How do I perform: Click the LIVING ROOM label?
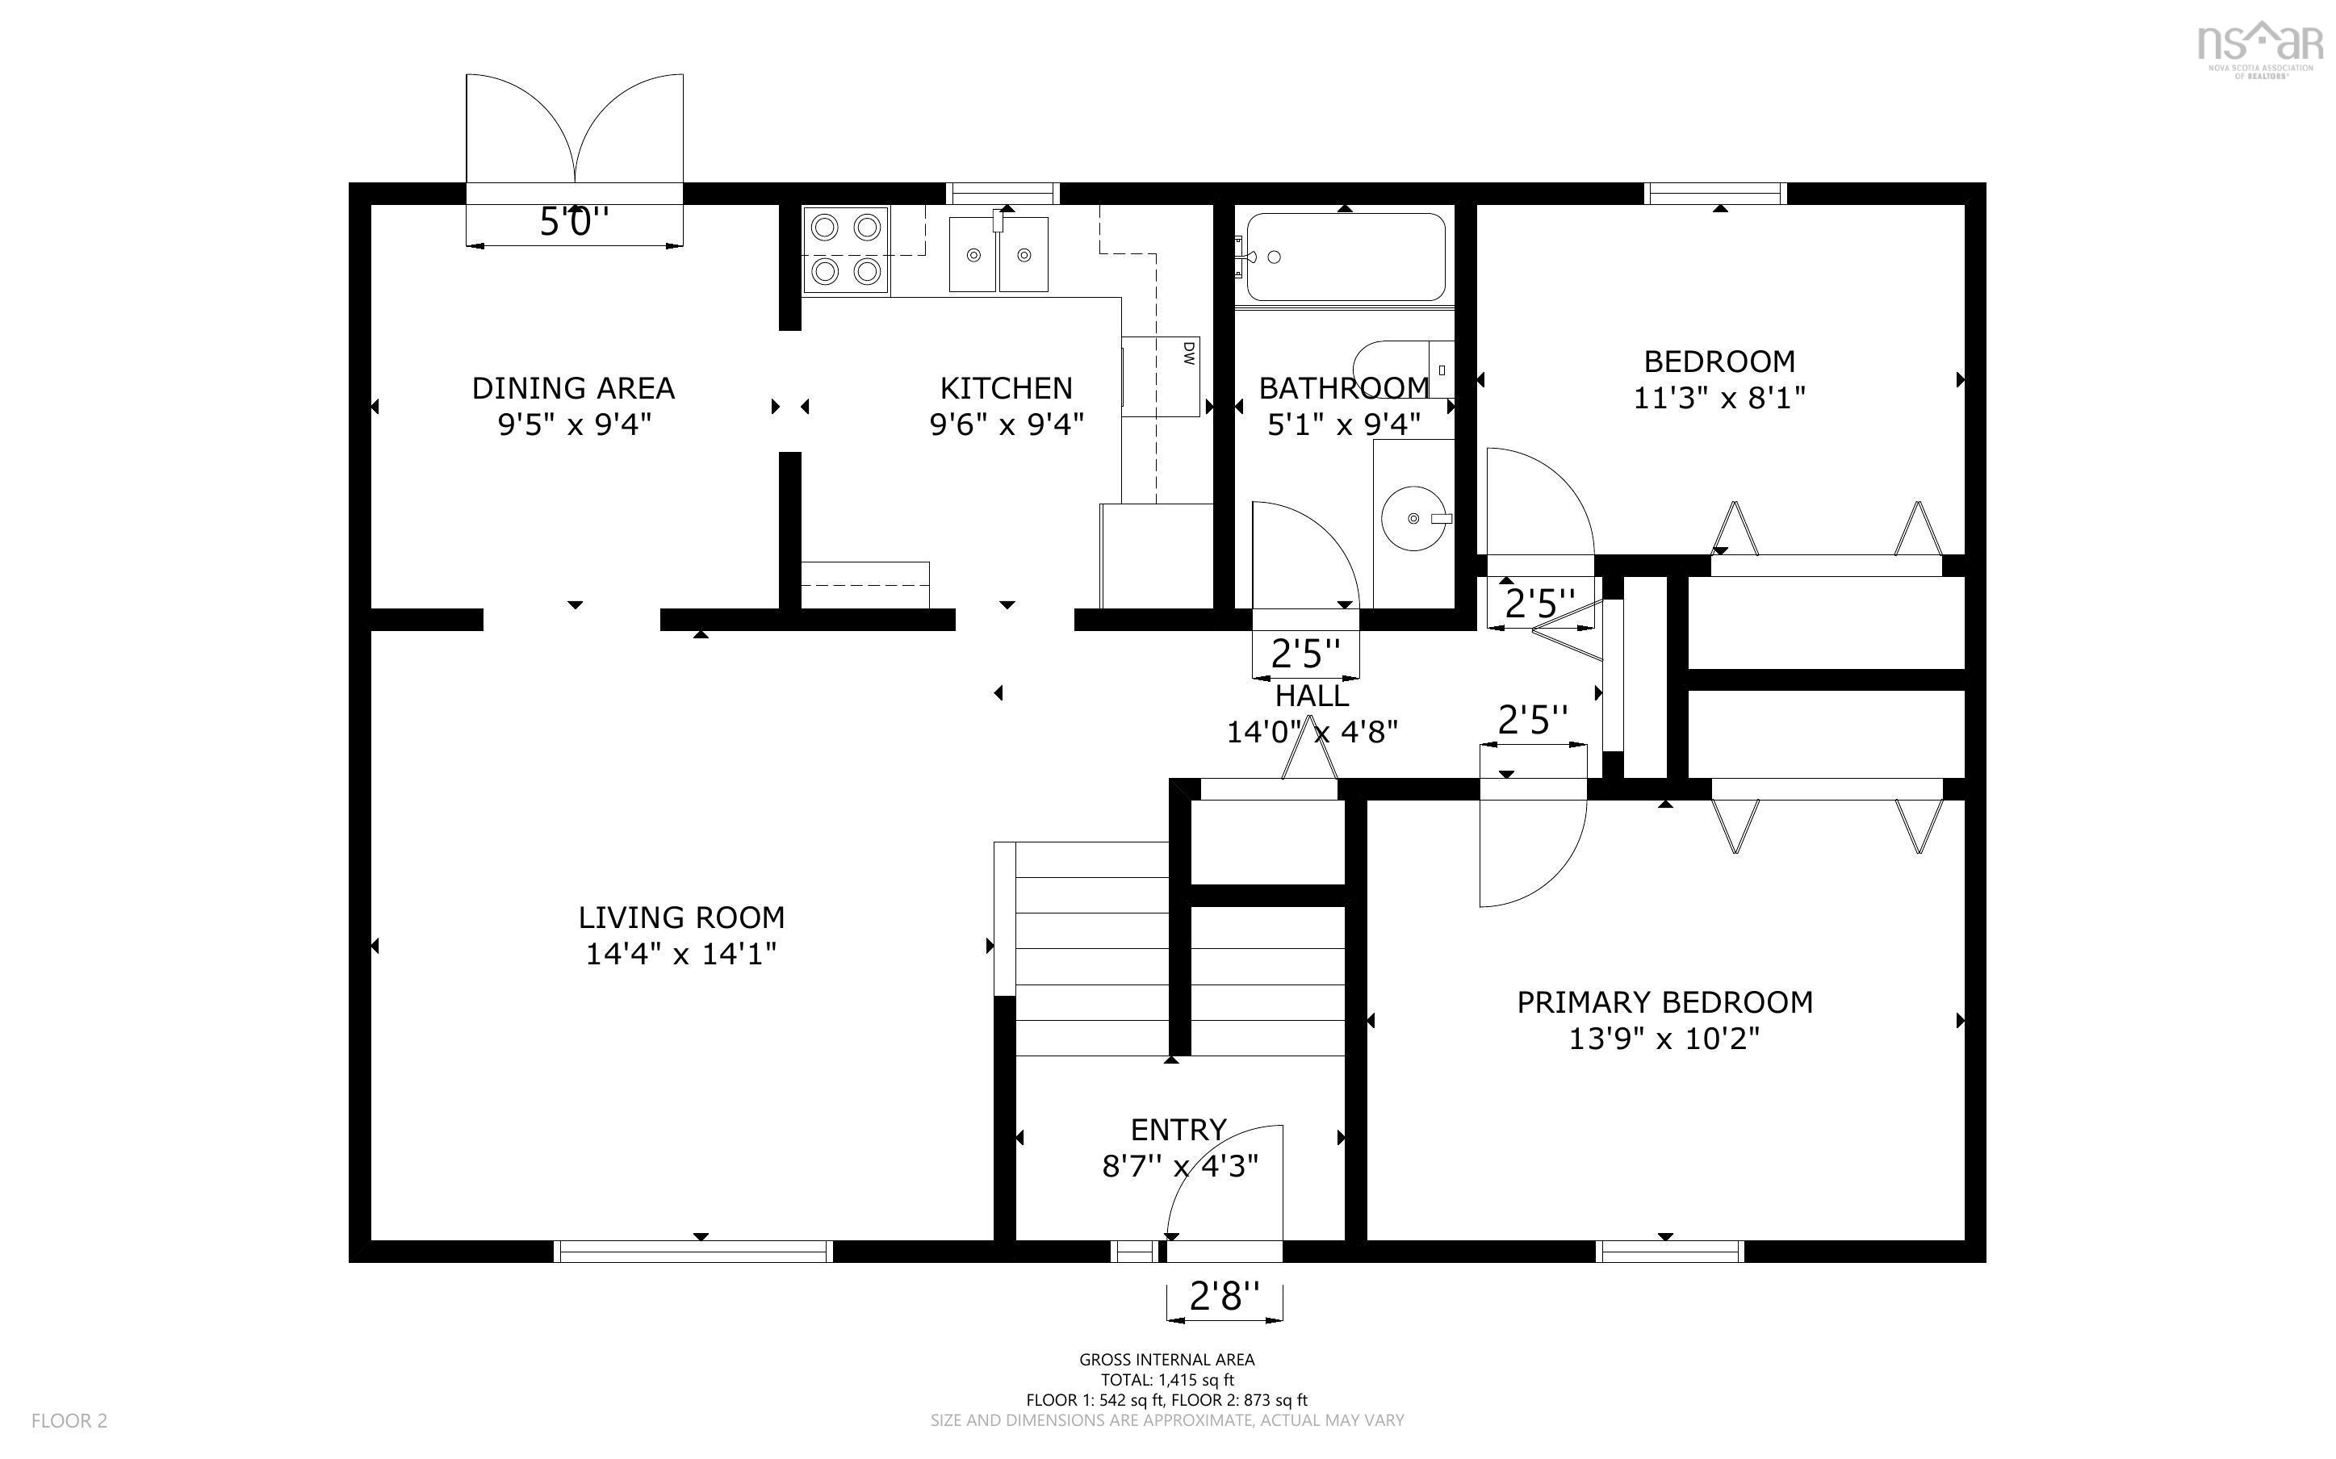coord(681,917)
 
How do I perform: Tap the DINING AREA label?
coord(572,388)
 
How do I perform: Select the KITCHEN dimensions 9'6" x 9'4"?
coord(1006,424)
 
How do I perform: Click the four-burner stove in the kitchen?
coord(846,250)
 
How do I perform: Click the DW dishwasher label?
coord(1188,353)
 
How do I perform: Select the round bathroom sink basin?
coord(1414,518)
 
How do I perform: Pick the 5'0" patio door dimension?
coord(573,223)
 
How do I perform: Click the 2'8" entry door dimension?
coord(1224,1296)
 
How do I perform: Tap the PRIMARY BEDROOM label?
coord(1664,1002)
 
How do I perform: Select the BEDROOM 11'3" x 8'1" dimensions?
coord(1719,398)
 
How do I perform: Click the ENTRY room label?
coord(1178,1129)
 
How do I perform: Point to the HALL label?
coord(1312,696)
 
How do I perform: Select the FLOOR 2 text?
coord(69,1420)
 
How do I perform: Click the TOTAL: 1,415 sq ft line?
coord(1166,1380)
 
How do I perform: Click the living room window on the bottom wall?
coord(693,1251)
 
